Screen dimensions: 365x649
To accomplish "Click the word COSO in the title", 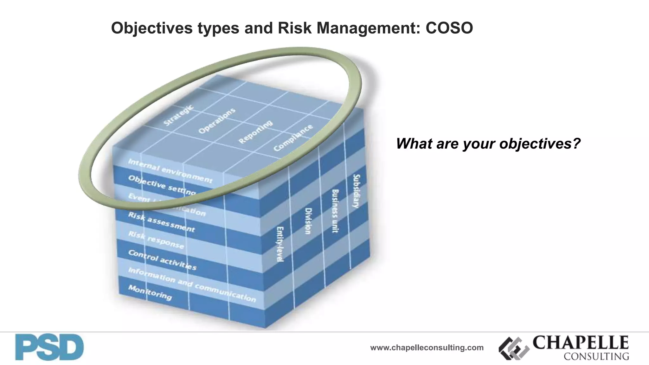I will pyautogui.click(x=449, y=28).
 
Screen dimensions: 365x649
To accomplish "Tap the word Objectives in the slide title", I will pyautogui.click(x=151, y=28).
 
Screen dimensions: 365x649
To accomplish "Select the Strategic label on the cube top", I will pyautogui.click(x=178, y=115).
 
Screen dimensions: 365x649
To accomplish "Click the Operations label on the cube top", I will pyautogui.click(x=217, y=121).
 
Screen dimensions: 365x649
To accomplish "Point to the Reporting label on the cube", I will pyautogui.click(x=255, y=131).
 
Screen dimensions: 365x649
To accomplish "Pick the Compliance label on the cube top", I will pyautogui.click(x=293, y=138).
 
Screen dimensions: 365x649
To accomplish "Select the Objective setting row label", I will pyautogui.click(x=162, y=185).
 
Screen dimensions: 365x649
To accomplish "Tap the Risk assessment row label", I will pyautogui.click(x=161, y=222).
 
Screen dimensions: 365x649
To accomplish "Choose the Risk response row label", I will pyautogui.click(x=156, y=240).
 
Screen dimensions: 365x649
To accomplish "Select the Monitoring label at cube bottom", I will pyautogui.click(x=150, y=292).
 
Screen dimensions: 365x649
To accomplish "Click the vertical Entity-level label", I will pyautogui.click(x=280, y=244).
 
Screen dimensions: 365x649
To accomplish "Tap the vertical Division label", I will pyautogui.click(x=308, y=221).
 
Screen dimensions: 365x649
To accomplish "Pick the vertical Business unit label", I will pyautogui.click(x=335, y=211).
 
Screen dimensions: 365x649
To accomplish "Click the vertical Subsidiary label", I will pyautogui.click(x=357, y=191).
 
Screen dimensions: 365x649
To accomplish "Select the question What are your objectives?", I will pyautogui.click(x=488, y=144).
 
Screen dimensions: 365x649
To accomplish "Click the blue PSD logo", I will pyautogui.click(x=49, y=347).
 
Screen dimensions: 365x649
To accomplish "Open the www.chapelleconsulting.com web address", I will pyautogui.click(x=427, y=348).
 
